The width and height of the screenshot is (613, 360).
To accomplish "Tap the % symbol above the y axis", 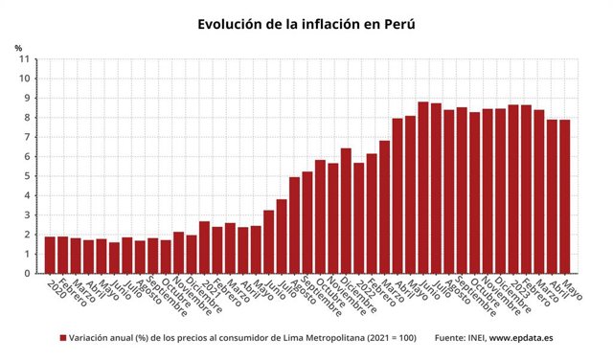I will pyautogui.click(x=18, y=48).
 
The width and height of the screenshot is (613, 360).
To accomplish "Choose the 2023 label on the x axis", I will pyautogui.click(x=514, y=289).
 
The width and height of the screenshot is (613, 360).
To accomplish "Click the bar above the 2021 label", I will pyautogui.click(x=204, y=247).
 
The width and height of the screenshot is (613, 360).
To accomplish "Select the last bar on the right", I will pyautogui.click(x=565, y=196).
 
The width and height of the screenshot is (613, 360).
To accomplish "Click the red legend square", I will pyautogui.click(x=63, y=338).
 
